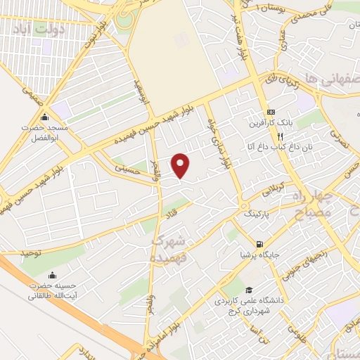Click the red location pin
[x=181, y=165]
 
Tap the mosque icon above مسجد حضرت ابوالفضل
[x=46, y=117]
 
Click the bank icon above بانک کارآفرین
[x=271, y=112]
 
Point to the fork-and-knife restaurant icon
[x=280, y=136]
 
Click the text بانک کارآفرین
[x=271, y=124]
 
